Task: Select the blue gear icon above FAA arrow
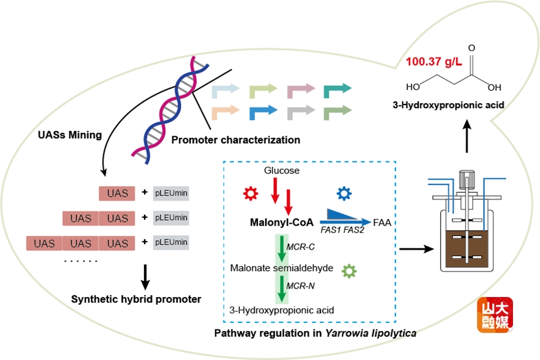click(343, 193)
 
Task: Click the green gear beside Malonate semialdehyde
click(349, 271)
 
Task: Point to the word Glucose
click(281, 171)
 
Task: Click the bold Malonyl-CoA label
click(281, 222)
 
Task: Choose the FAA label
click(383, 222)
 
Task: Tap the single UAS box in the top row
click(117, 193)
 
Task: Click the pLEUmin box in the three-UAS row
click(171, 243)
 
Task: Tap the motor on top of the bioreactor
click(466, 178)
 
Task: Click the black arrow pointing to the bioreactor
click(417, 247)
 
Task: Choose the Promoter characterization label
click(235, 140)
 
